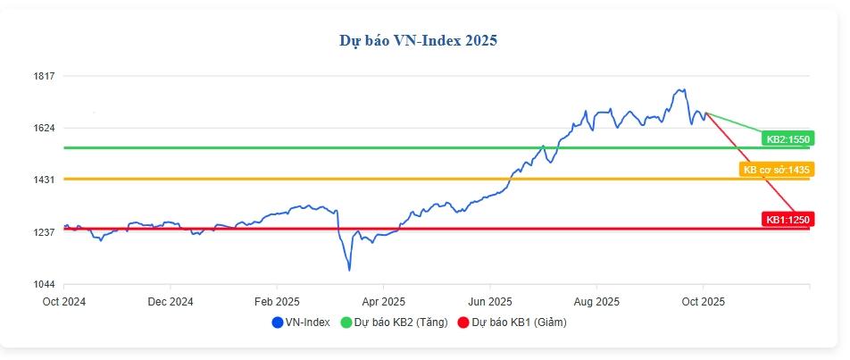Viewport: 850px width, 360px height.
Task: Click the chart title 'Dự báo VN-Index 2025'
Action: tap(418, 40)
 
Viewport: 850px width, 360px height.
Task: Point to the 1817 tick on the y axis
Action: tap(45, 76)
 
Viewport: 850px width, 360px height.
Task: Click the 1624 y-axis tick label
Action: tap(45, 128)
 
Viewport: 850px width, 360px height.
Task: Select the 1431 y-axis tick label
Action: tap(45, 180)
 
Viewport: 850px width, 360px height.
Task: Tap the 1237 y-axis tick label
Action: tap(45, 232)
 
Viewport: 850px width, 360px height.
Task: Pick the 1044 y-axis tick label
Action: tap(45, 284)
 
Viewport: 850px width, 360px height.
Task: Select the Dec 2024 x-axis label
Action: tap(170, 301)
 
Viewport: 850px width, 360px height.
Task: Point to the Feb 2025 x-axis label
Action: tap(276, 301)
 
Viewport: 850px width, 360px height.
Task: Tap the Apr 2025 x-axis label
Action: tap(383, 301)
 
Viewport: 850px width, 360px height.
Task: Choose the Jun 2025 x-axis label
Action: tap(489, 301)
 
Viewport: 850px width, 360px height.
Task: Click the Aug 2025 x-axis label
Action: tap(596, 301)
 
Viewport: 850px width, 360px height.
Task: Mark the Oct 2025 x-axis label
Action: tap(704, 301)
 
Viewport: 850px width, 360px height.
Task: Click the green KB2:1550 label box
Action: tap(787, 138)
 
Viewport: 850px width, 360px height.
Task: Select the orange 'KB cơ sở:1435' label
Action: tap(775, 169)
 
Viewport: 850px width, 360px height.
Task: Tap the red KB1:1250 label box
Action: tap(787, 219)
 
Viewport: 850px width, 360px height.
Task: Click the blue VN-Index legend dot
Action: tap(277, 322)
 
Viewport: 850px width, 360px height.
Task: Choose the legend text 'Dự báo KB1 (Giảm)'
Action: tap(519, 322)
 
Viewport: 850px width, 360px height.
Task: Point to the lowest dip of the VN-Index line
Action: tap(349, 270)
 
